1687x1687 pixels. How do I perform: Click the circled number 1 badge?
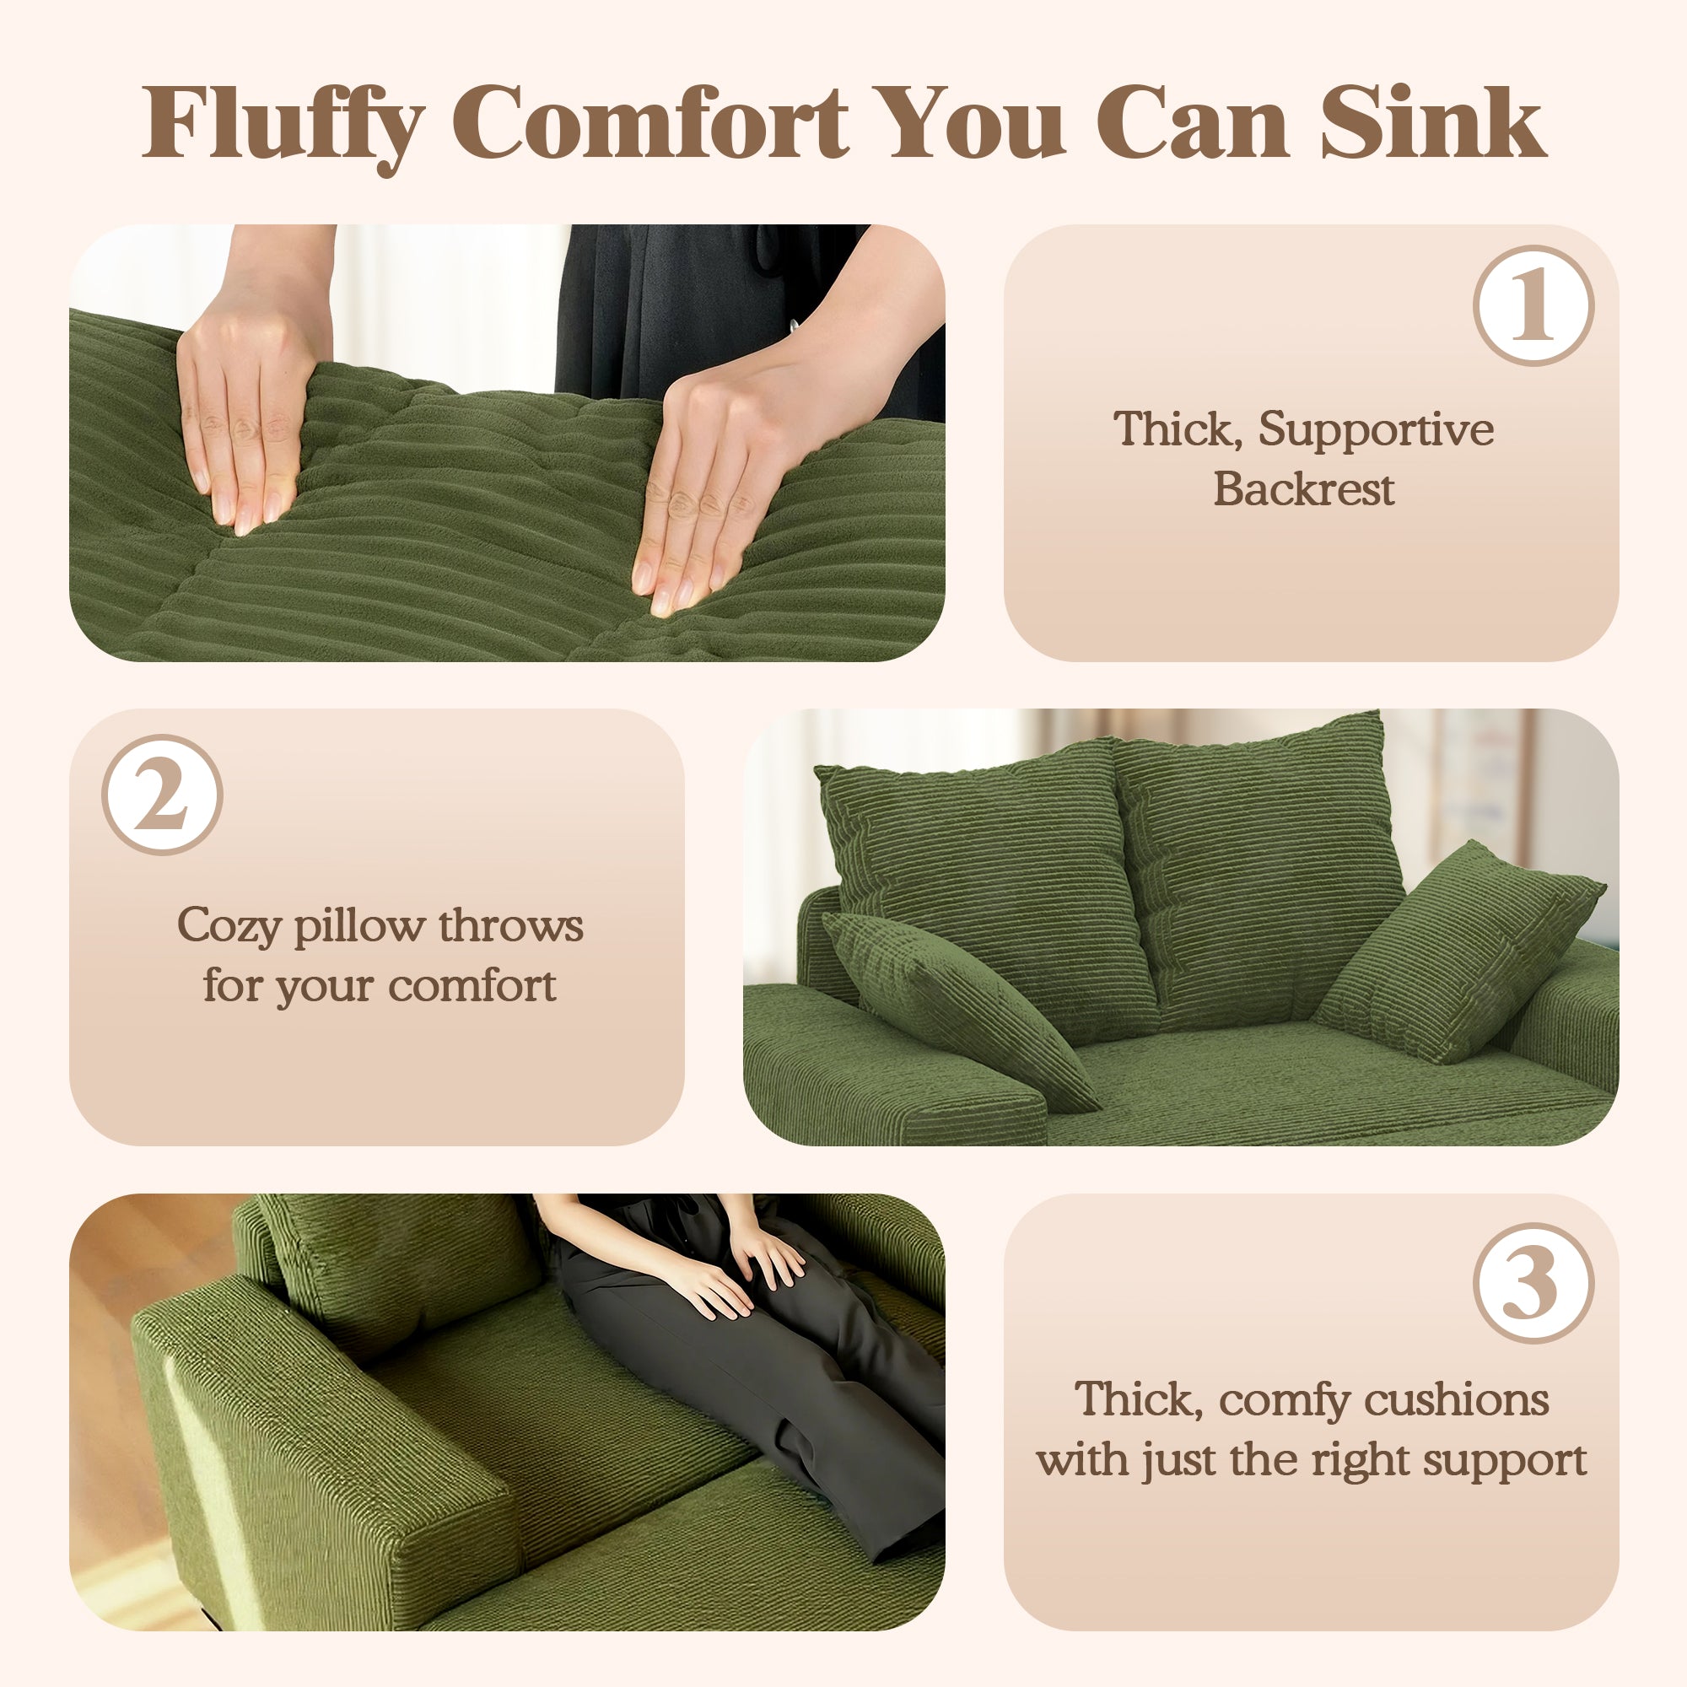pyautogui.click(x=1533, y=305)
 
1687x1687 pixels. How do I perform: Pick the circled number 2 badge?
pyautogui.click(x=163, y=795)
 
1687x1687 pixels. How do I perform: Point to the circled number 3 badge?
pyautogui.click(x=1533, y=1283)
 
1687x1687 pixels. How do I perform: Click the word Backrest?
pyautogui.click(x=1304, y=488)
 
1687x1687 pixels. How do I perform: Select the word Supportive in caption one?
pyautogui.click(x=1375, y=430)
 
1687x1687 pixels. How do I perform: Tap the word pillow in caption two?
pyautogui.click(x=358, y=926)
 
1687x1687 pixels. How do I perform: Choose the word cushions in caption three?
pyautogui.click(x=1457, y=1399)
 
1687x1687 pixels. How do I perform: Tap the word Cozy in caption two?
pyautogui.click(x=228, y=926)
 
